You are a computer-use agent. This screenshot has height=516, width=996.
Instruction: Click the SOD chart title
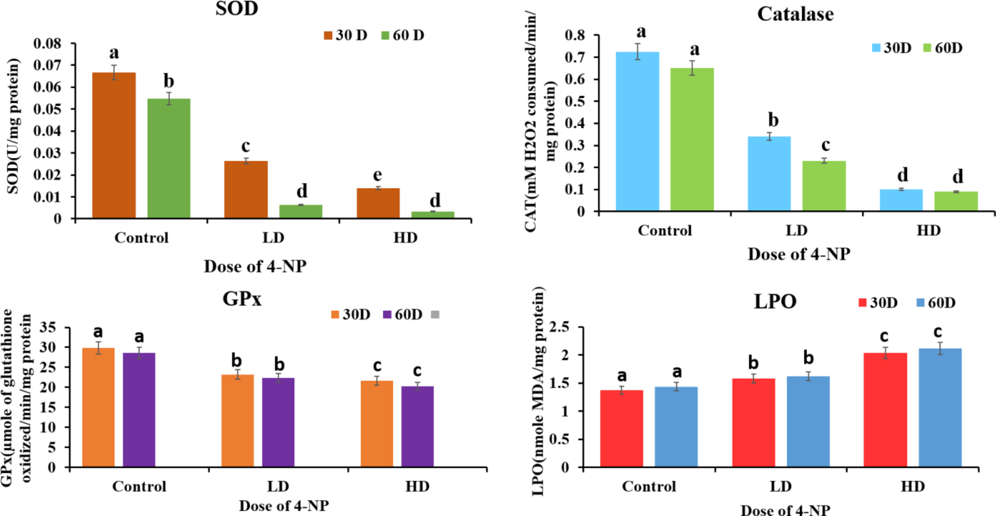[x=237, y=9]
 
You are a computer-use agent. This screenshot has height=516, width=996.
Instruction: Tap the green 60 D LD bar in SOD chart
[x=301, y=211]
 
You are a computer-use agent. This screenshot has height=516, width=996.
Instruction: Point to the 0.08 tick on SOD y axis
[x=47, y=44]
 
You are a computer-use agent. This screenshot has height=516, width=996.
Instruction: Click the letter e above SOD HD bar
[x=377, y=175]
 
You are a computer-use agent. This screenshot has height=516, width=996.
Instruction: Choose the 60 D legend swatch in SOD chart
[x=385, y=36]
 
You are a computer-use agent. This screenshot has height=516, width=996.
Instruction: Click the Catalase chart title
[x=795, y=14]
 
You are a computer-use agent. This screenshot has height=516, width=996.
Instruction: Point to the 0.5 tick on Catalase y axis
[x=575, y=101]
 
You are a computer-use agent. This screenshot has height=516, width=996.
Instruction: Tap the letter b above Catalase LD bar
[x=773, y=120]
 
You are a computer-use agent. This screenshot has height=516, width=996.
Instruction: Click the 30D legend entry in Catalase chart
[x=891, y=48]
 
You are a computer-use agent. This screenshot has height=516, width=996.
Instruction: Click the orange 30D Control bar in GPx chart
[x=99, y=407]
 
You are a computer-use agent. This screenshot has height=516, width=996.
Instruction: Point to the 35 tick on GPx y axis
[x=48, y=328]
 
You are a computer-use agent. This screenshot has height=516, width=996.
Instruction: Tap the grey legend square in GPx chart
[x=435, y=315]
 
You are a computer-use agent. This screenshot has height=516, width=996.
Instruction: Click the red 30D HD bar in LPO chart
[x=885, y=410]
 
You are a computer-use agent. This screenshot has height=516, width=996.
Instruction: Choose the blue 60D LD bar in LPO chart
[x=808, y=422]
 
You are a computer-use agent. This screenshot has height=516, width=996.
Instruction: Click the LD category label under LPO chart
[x=780, y=487]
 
